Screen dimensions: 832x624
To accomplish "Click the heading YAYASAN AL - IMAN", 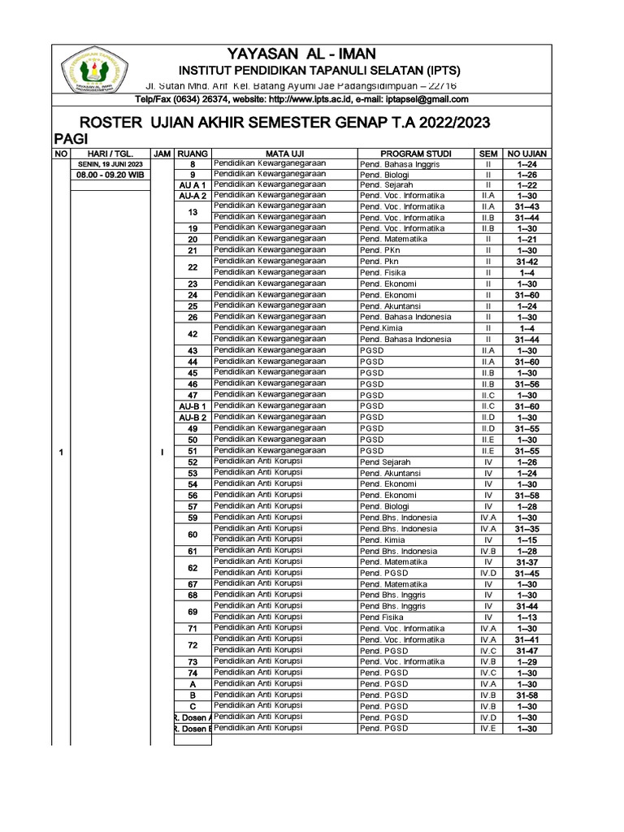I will pos(301,54).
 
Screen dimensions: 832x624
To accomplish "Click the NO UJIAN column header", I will pos(526,153).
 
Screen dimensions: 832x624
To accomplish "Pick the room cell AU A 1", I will pos(193,185).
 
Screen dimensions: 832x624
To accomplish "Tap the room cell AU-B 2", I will pos(193,418).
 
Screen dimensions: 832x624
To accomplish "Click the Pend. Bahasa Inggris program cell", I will pos(400,163).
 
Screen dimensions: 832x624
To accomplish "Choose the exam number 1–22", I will pos(526,185).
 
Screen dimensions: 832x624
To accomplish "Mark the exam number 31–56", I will pos(526,384).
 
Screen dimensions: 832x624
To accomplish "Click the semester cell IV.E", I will pos(487,729).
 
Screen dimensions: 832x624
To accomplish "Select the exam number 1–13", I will pos(526,617).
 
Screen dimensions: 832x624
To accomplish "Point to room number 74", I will pos(193,674).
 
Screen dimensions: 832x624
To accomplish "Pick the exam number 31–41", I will pos(526,639).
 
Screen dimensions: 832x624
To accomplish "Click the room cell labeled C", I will pos(193,707).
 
